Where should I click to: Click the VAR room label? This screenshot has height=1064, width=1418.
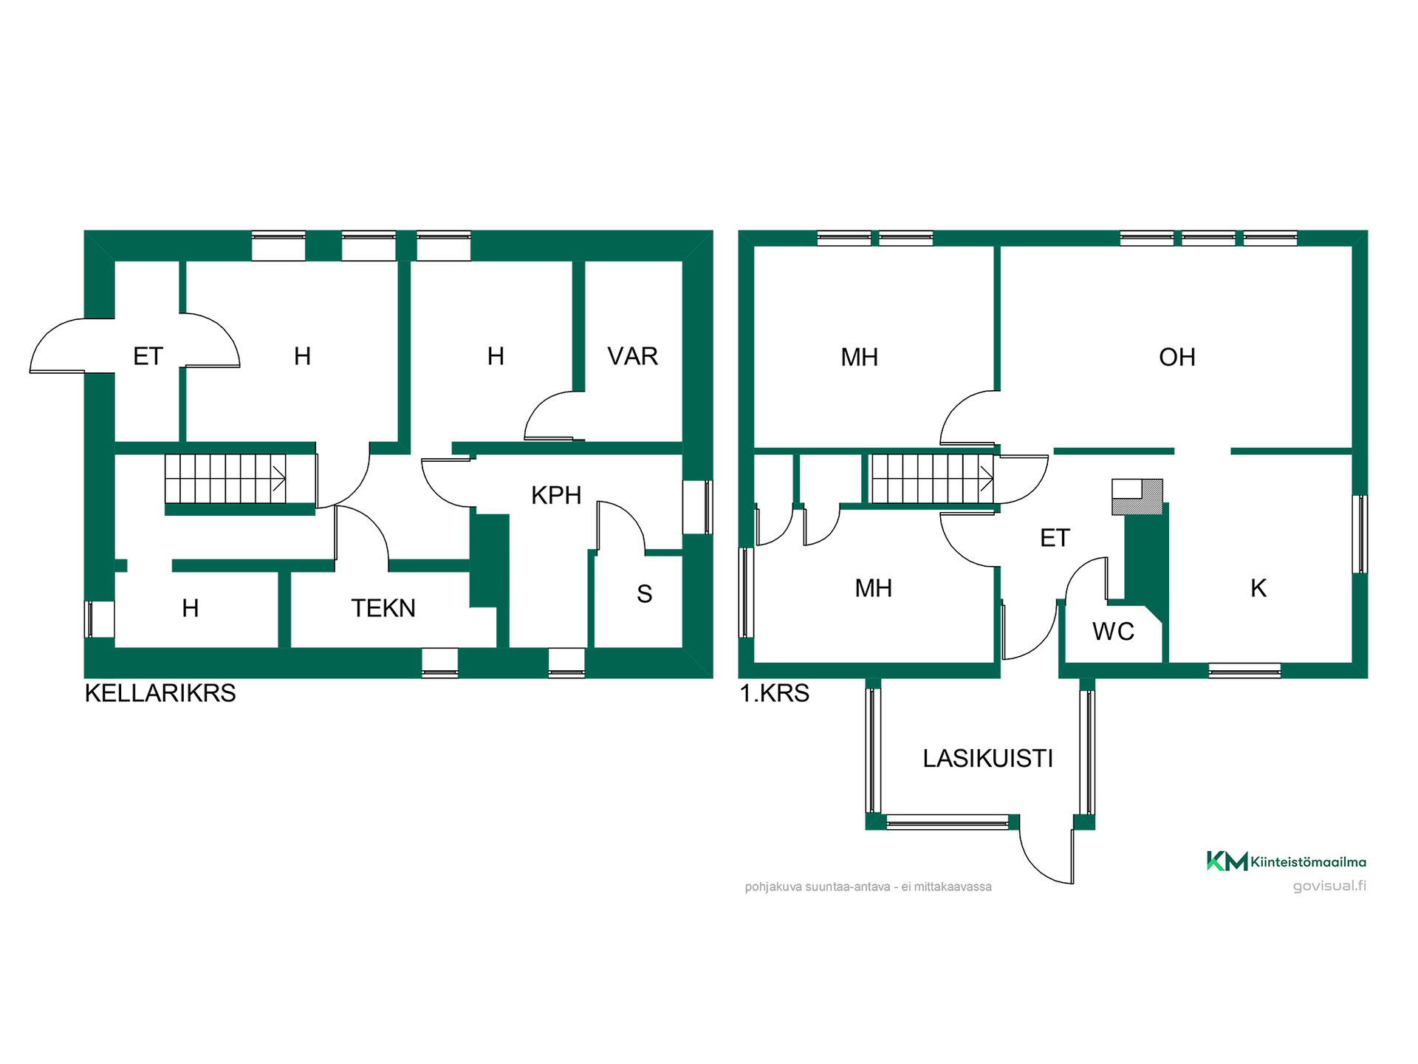click(x=632, y=356)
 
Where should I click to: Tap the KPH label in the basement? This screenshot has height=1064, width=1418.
click(x=556, y=495)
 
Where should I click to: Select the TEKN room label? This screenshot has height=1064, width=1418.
click(x=383, y=608)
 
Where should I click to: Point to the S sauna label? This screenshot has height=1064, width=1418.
click(x=645, y=594)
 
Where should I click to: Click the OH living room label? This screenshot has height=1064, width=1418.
click(x=1177, y=358)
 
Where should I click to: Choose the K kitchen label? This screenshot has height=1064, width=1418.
click(x=1258, y=588)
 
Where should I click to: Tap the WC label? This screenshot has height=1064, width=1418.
click(x=1113, y=632)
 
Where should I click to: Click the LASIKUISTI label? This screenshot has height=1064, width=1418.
click(x=988, y=759)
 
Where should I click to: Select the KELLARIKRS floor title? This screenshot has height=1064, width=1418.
click(x=160, y=693)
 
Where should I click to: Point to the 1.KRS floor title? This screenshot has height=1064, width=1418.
click(x=775, y=693)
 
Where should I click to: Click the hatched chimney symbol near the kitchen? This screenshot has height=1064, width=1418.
click(x=1137, y=497)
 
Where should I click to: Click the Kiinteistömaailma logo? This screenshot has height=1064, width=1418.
click(x=1286, y=861)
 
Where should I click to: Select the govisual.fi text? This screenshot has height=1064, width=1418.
click(x=1329, y=885)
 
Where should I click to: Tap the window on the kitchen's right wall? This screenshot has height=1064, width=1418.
click(x=1360, y=534)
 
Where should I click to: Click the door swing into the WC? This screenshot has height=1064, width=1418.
click(x=1083, y=573)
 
